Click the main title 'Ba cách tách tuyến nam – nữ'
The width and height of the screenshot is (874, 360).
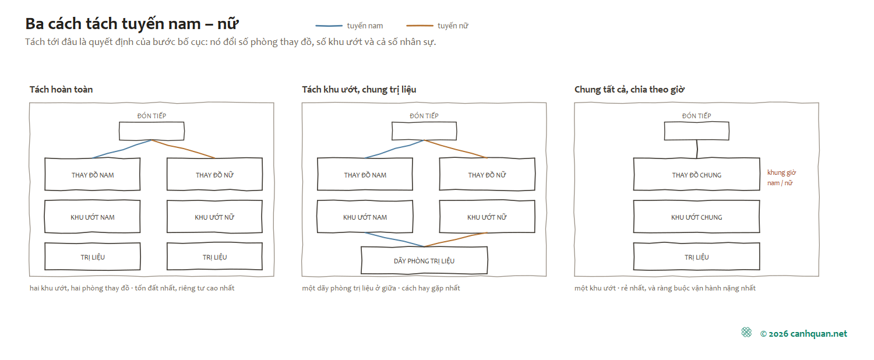point(132,24)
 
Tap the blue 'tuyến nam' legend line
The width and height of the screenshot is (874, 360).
point(329,26)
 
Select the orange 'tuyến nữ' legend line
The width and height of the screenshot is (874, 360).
point(420,26)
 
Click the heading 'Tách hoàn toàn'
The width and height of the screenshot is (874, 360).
point(61,89)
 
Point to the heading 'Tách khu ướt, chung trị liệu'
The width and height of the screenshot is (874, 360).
point(359,89)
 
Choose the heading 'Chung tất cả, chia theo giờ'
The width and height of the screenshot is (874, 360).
point(629,89)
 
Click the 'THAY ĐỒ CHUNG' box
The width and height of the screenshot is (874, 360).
point(696,174)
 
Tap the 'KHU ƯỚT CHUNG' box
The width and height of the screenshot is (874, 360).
point(696,217)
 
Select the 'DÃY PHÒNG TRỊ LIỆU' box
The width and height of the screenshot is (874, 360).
point(424,260)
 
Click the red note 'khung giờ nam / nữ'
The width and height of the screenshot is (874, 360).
point(781,178)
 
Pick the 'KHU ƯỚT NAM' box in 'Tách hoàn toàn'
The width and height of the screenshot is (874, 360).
point(93,217)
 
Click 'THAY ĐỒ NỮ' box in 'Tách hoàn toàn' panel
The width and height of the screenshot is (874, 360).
point(214,174)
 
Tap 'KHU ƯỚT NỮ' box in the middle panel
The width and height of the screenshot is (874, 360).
point(487,217)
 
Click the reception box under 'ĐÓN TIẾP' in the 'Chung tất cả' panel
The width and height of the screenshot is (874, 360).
point(696,131)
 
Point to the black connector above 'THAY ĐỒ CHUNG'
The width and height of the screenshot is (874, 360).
point(697,149)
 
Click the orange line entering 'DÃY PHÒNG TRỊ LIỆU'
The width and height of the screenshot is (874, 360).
point(456,239)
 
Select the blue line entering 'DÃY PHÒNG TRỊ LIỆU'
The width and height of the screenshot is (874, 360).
point(394,239)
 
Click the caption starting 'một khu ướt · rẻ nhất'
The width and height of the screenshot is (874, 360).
point(665,288)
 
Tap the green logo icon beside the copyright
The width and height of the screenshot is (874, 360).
point(746,332)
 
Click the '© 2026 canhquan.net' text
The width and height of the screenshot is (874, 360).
point(803,334)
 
